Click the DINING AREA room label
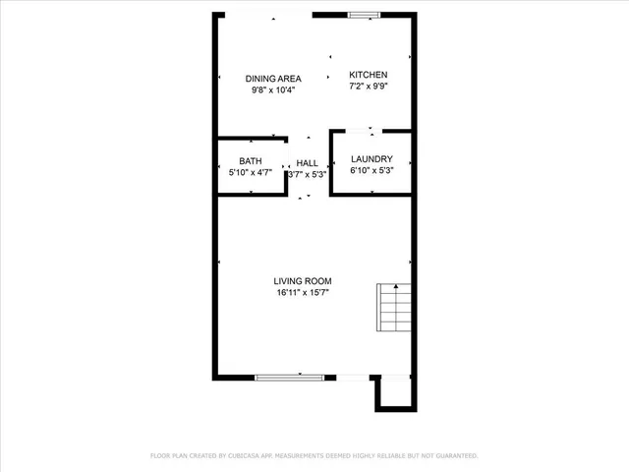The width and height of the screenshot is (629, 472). tap(273, 78)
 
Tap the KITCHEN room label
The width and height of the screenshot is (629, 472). tap(369, 75)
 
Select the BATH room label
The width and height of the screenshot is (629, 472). tap(251, 160)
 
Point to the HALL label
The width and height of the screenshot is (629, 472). tap(308, 163)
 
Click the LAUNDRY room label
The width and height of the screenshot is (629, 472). tap(372, 159)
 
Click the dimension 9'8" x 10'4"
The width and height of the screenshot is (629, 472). tap(273, 89)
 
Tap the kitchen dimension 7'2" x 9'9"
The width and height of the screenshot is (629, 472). tap(369, 87)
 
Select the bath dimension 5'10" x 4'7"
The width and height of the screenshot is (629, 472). tap(250, 172)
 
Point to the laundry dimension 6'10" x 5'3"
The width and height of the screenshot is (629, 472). tap(372, 171)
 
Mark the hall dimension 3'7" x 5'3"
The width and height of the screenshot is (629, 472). tap(308, 175)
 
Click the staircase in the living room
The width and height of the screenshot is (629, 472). tap(392, 308)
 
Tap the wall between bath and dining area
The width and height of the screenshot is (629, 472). tap(251, 139)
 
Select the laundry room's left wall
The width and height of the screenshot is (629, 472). tap(331, 162)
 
